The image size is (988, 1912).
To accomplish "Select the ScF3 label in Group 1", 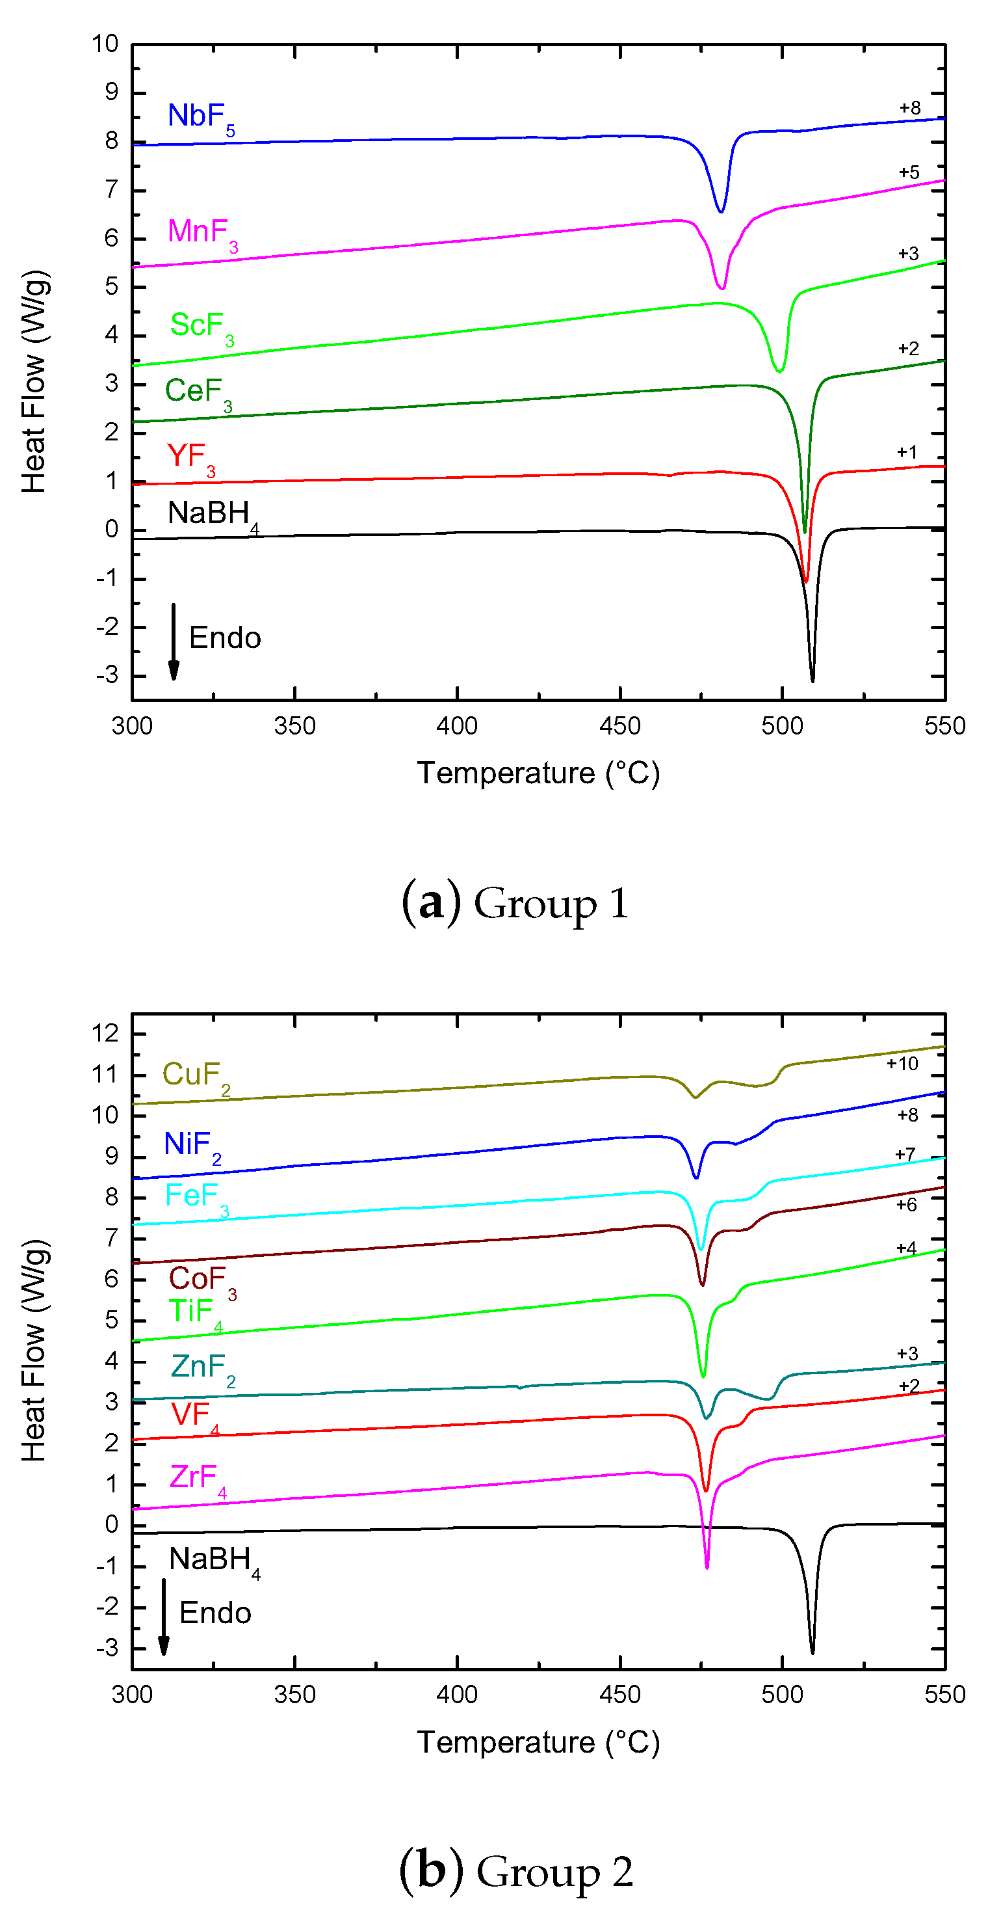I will click(x=201, y=327).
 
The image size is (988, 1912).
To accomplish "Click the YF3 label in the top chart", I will click(x=190, y=458).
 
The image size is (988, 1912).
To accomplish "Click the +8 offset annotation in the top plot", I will click(x=909, y=109).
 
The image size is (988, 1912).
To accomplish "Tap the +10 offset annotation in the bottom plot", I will click(x=902, y=1064).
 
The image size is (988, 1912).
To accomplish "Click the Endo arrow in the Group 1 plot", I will click(x=174, y=642).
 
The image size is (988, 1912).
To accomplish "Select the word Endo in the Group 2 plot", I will click(x=215, y=1613).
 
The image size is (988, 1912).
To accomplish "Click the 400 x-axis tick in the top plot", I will click(x=457, y=726).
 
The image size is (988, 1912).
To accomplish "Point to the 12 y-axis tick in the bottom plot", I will click(x=105, y=1033).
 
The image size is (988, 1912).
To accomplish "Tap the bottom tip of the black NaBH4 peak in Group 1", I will click(x=812, y=679).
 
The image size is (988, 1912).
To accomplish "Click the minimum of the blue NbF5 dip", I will click(x=721, y=211).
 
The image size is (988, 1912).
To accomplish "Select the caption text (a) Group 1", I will click(x=515, y=904).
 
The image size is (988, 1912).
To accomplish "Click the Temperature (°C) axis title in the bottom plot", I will click(x=538, y=1743).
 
